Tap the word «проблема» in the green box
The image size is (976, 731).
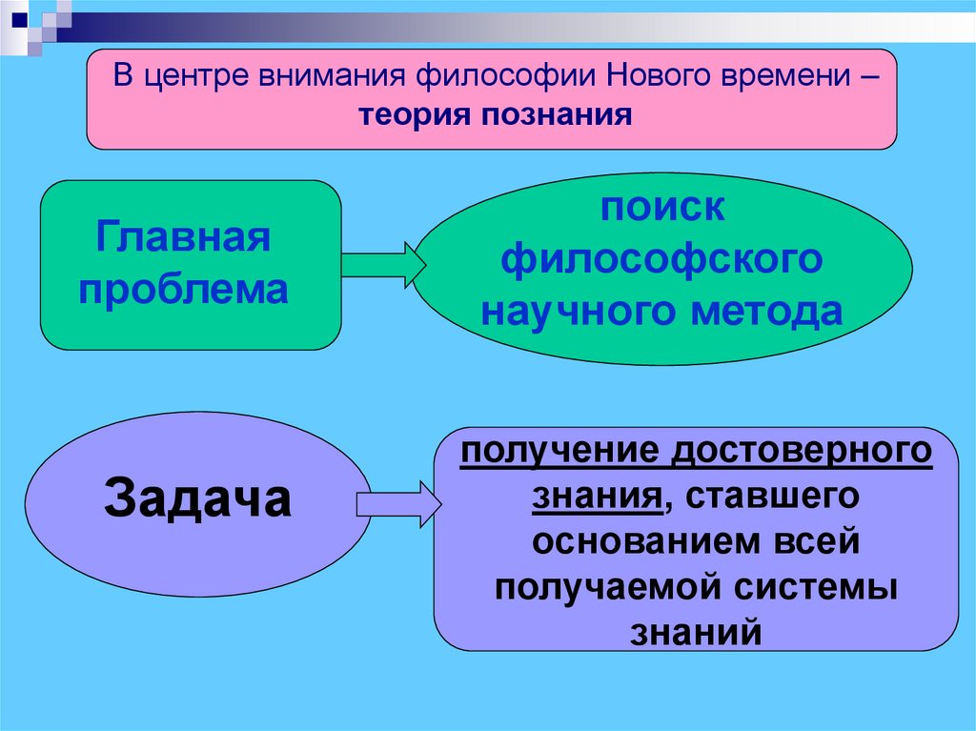(x=183, y=290)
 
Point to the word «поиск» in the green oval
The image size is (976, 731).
(x=662, y=208)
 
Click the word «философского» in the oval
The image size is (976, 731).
(x=662, y=259)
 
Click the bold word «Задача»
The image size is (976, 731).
(x=197, y=498)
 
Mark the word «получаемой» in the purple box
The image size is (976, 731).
(x=606, y=586)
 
